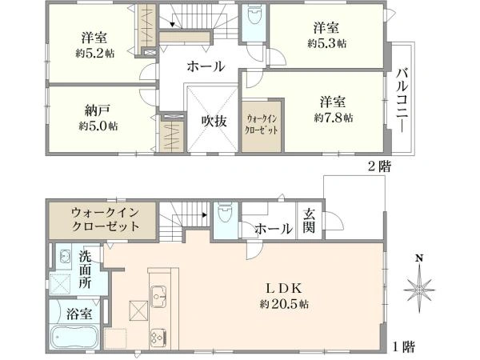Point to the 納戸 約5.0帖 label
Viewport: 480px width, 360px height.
tap(94, 118)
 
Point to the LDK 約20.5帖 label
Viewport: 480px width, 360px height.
tap(284, 297)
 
